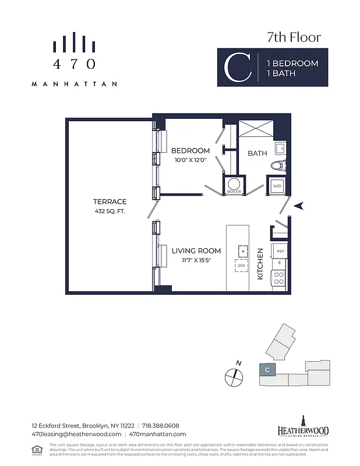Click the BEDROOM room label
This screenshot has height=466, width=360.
point(190,151)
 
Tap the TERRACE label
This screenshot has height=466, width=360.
point(110,202)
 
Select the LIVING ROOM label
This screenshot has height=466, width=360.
point(196,251)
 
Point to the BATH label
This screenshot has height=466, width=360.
point(257,154)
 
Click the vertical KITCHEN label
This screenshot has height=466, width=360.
point(261,263)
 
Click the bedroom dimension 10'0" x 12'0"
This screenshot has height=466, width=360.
point(190,160)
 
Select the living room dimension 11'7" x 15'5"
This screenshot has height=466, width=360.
point(196,260)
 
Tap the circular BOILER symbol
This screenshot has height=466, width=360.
point(234,183)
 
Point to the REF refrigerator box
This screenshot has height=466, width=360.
point(280,251)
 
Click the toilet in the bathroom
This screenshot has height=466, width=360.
point(278,165)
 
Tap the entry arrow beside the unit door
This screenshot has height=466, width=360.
point(298,206)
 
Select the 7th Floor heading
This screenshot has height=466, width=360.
point(294,38)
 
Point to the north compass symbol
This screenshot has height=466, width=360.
point(233,377)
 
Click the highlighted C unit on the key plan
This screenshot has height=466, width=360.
point(266,370)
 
